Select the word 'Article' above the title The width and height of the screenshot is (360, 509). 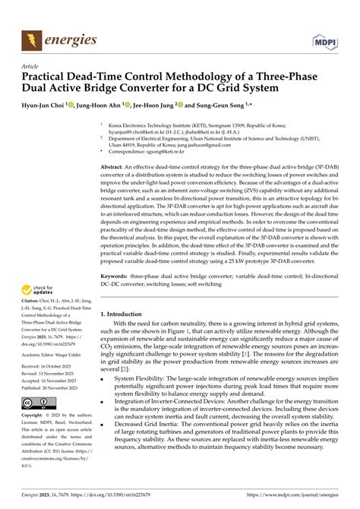(x=30, y=66)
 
